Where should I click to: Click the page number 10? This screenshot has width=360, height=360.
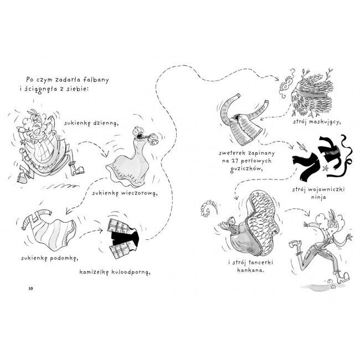point(30,289)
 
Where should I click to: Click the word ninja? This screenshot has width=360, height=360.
point(318,197)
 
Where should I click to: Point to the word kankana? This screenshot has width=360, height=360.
point(250,270)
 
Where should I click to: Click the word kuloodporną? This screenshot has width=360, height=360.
point(131,272)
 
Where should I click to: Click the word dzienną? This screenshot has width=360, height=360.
point(106,124)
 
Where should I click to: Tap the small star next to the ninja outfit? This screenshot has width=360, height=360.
point(325,168)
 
